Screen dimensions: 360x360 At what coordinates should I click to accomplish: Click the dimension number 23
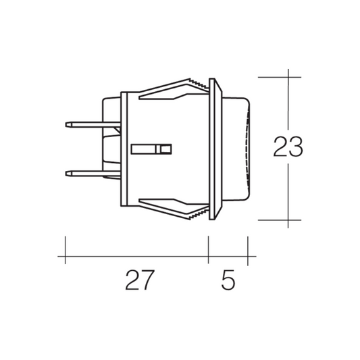(x=288, y=147)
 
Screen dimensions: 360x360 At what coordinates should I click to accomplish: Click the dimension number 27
(x=140, y=280)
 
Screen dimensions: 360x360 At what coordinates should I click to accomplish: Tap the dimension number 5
(x=228, y=280)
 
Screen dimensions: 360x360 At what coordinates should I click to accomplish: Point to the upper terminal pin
(x=93, y=125)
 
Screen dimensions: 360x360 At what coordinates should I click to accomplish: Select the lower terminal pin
(x=93, y=174)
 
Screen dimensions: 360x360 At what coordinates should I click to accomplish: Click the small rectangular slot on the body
(x=151, y=149)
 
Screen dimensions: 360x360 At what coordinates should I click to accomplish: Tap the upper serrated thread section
(x=199, y=84)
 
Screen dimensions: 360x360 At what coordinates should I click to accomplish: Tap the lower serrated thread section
(x=199, y=213)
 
